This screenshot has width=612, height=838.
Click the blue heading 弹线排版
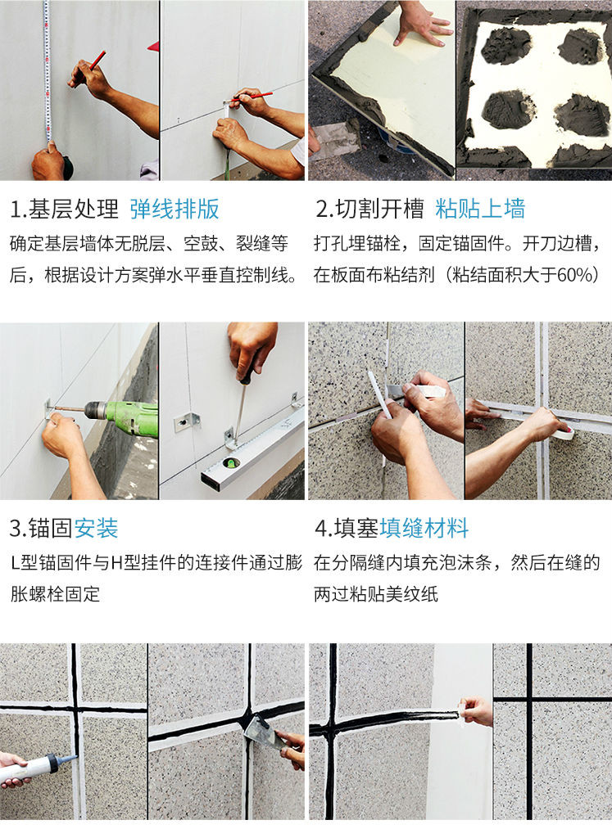pos(175,209)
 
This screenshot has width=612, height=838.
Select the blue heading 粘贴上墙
pos(480,209)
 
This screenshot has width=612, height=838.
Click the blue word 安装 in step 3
pos(96,528)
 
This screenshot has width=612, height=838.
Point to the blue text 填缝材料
pos(424,528)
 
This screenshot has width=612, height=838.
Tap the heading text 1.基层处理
pos(64,209)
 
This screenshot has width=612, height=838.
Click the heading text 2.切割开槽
pos(369,209)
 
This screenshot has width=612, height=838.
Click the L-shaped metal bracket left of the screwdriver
pos(187,422)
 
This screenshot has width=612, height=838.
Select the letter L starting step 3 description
pos(15,563)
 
